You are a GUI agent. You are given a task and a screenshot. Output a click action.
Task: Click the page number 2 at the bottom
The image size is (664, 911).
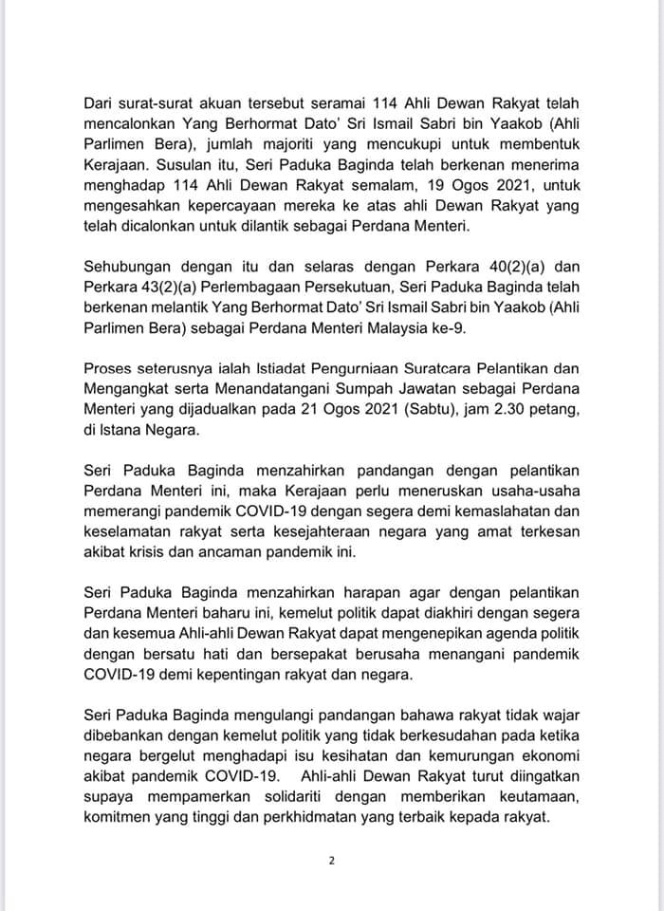point(332,862)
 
